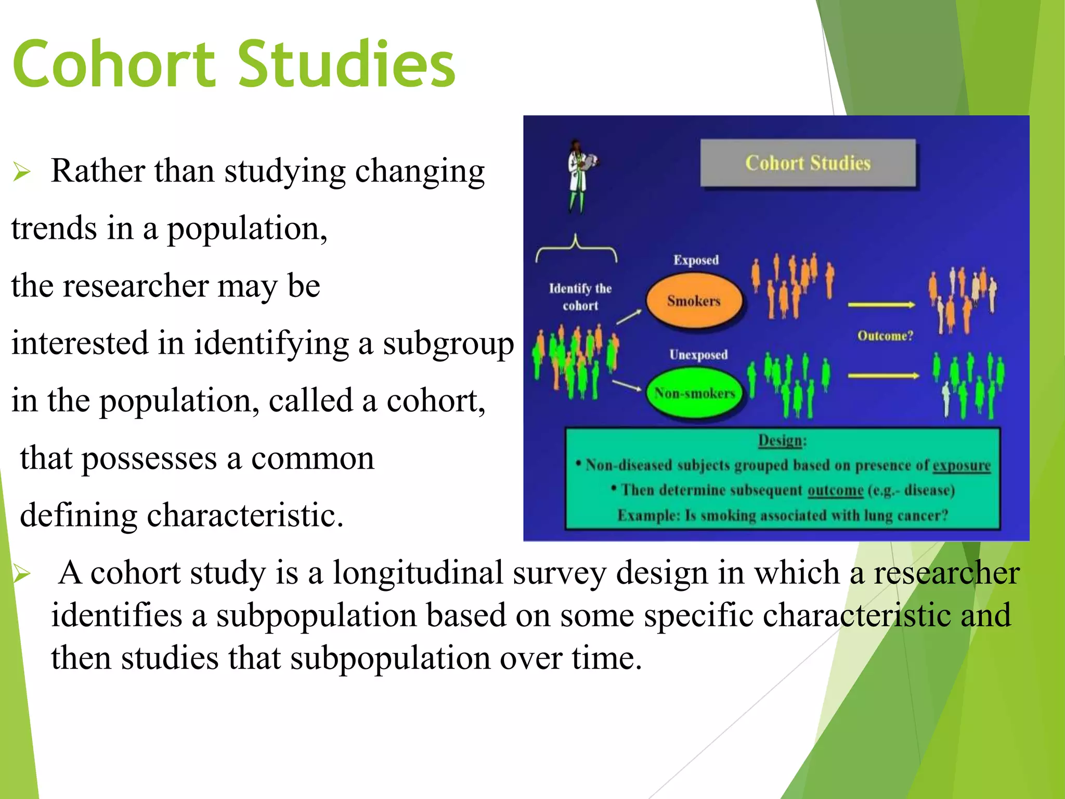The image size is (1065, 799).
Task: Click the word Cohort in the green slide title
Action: pos(113,65)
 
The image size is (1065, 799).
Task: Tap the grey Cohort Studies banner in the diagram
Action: pos(808,163)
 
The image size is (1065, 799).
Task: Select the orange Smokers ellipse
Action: pos(694,301)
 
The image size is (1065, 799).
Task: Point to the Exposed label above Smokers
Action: pos(696,260)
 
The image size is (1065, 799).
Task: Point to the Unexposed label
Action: pos(698,355)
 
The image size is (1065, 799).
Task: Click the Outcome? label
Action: pos(885,336)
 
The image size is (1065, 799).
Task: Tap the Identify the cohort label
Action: pos(580,297)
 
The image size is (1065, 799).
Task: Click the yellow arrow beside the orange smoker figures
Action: pos(881,305)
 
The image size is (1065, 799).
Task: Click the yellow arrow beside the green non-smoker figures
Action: pos(882,376)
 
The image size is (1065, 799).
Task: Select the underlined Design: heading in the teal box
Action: pos(782,441)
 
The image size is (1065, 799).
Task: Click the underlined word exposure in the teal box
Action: pos(961,465)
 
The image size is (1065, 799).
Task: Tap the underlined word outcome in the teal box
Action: pos(835,490)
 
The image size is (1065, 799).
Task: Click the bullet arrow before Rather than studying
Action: pos(22,172)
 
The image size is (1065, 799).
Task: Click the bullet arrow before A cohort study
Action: pos(22,574)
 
